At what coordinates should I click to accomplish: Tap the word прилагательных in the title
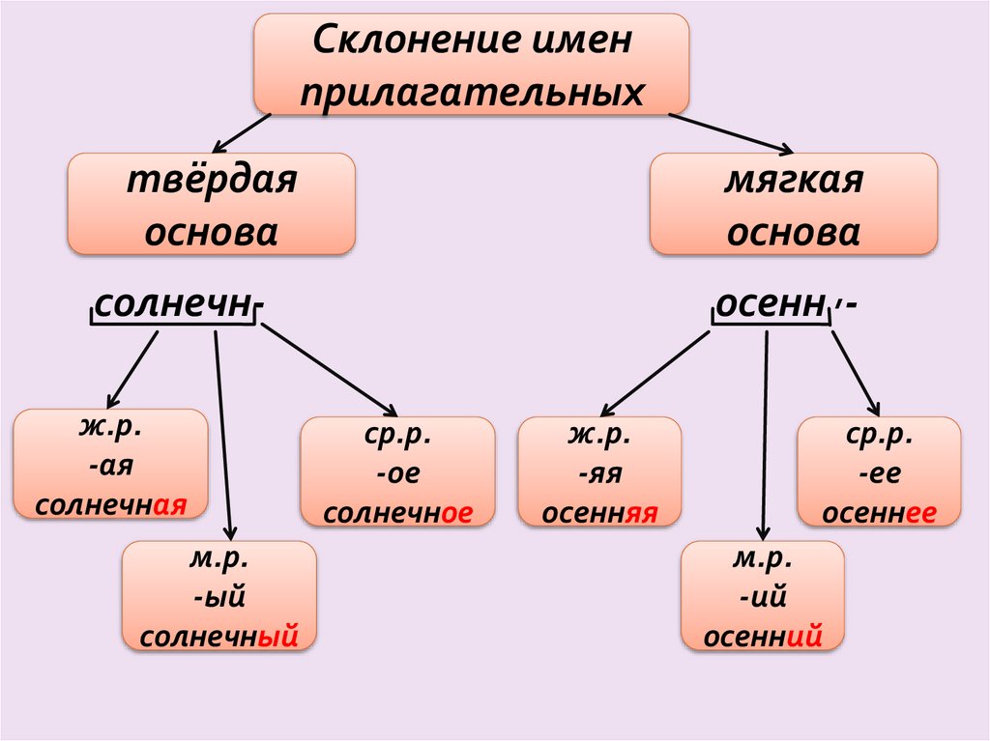click(472, 93)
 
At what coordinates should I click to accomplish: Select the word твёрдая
click(211, 181)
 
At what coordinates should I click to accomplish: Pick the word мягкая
click(793, 181)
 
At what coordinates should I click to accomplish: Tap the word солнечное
click(397, 513)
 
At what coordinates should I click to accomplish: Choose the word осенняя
click(599, 514)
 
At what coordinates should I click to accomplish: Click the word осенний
click(763, 637)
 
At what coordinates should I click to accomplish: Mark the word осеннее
click(878, 514)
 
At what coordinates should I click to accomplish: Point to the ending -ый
click(218, 597)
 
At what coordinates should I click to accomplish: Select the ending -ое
click(397, 474)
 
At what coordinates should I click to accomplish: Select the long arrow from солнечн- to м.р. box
click(223, 435)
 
